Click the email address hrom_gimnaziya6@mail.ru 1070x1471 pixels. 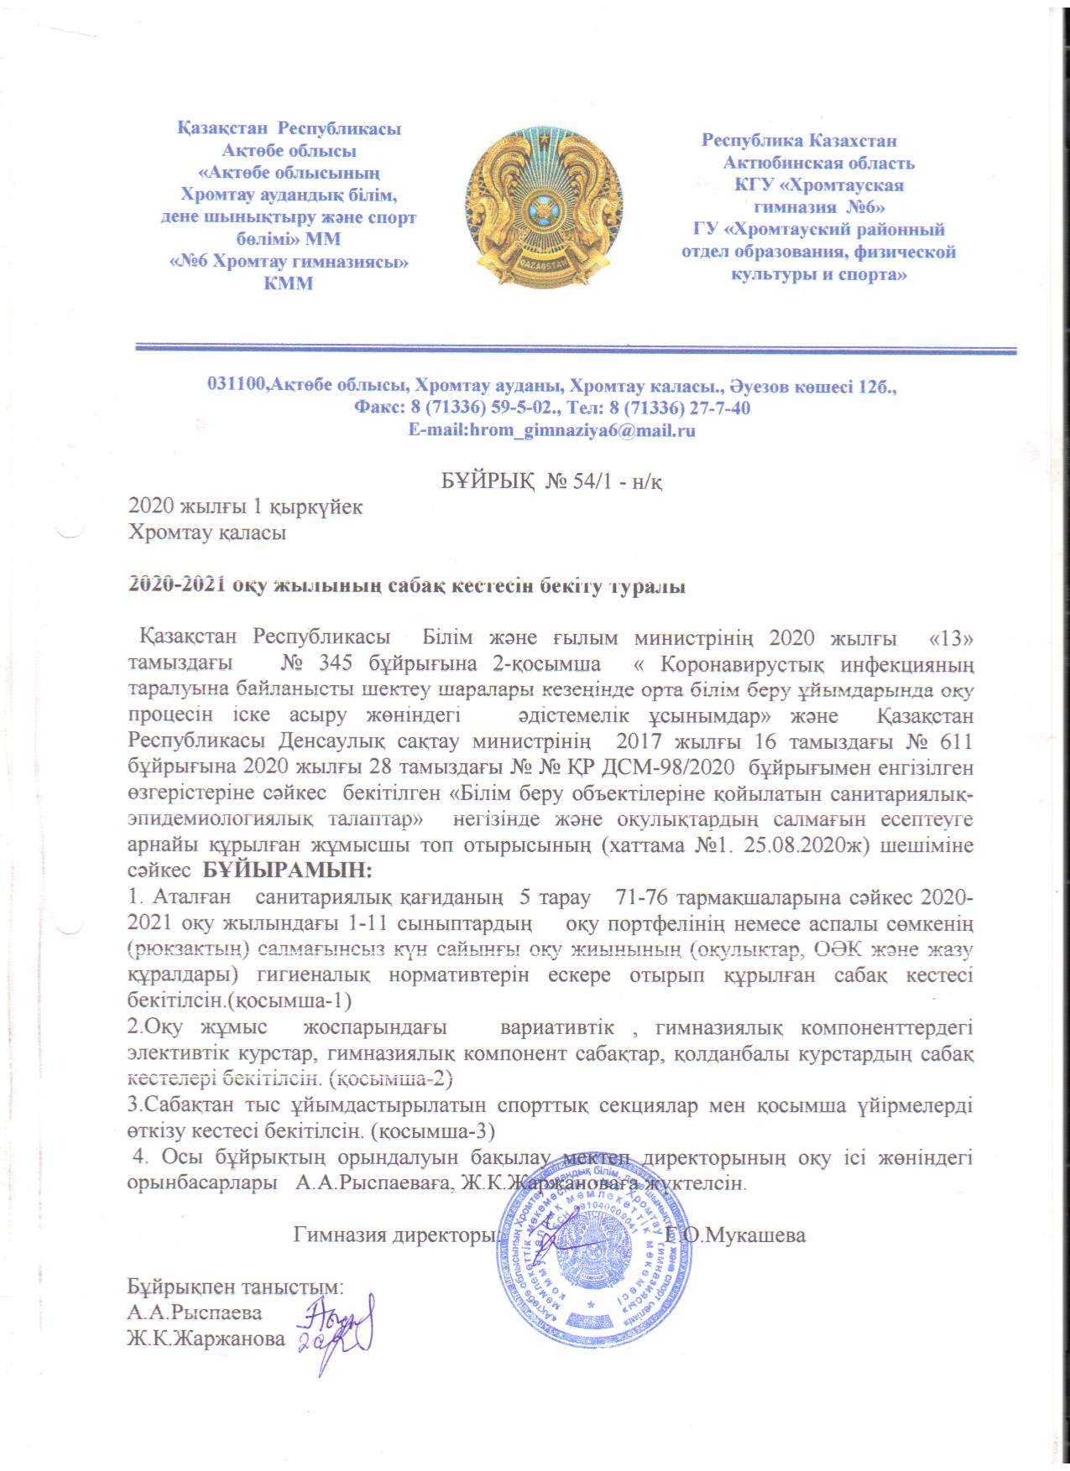[551, 431]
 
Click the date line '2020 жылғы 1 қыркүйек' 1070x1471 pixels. [244, 507]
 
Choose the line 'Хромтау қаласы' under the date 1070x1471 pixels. [206, 533]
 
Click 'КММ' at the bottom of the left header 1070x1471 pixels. [288, 283]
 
